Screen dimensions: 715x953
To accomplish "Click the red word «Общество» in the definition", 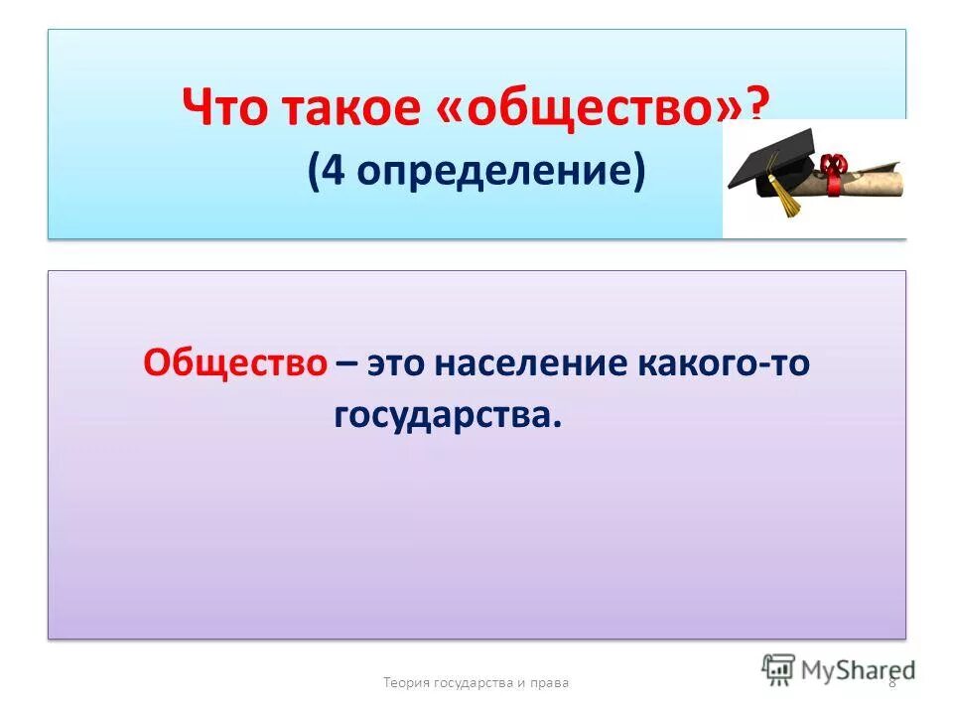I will [235, 362].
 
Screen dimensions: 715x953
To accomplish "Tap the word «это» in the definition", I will [402, 362].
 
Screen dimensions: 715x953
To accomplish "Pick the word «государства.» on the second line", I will [448, 416].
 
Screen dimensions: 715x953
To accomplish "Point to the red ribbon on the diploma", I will [832, 168].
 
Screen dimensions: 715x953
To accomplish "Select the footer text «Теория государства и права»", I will [476, 682].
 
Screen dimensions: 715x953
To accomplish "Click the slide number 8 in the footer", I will [891, 682].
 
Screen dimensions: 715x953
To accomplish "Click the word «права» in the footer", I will [549, 682].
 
